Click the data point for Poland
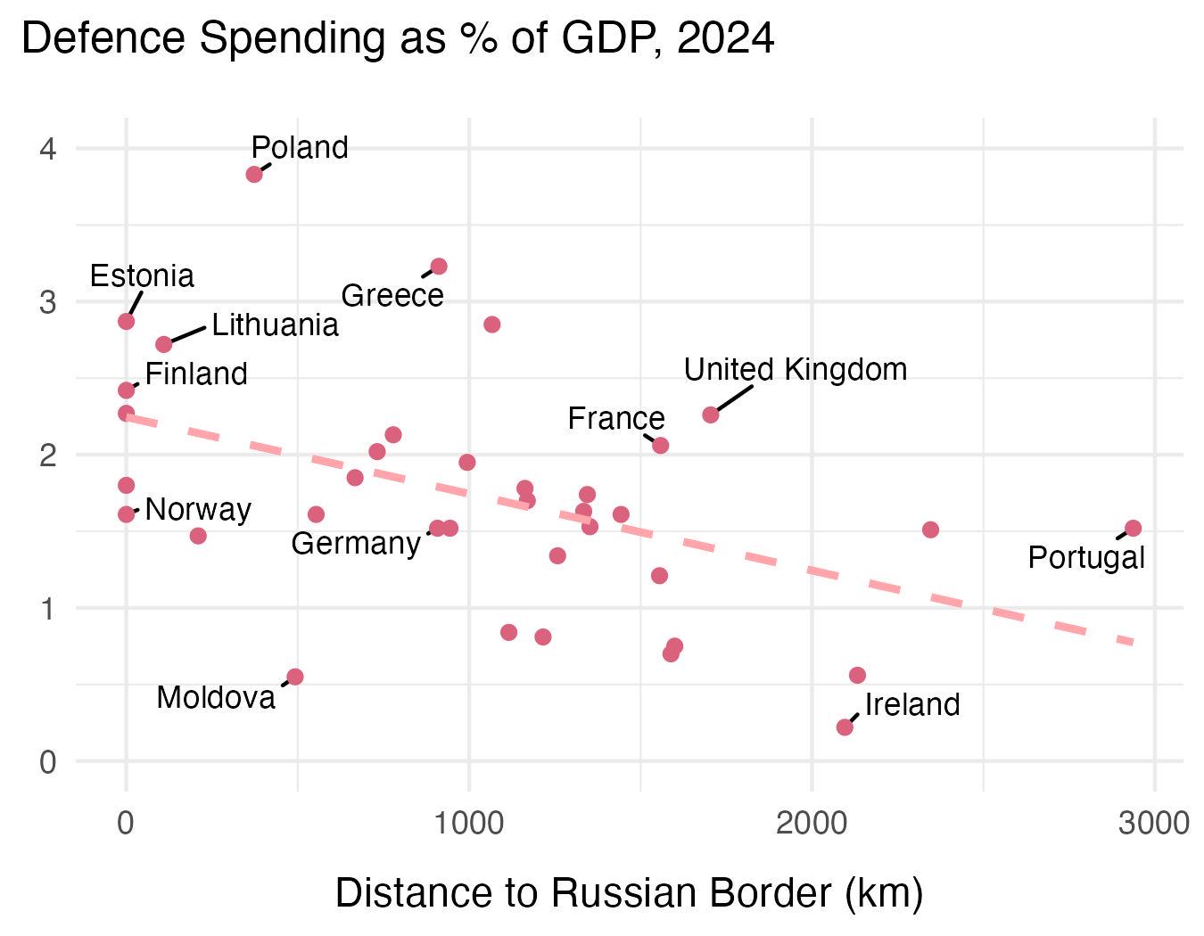(254, 174)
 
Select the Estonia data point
(126, 321)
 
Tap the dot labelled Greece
(439, 267)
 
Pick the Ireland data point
(845, 727)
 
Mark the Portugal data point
(1134, 529)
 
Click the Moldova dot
(295, 677)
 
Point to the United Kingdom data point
(711, 415)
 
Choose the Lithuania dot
(164, 344)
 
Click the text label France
(616, 418)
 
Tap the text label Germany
(356, 543)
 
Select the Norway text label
(198, 510)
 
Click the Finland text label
(196, 374)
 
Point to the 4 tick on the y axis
(48, 149)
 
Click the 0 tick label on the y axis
(48, 762)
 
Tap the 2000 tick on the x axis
(812, 822)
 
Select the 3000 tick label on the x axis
(1154, 822)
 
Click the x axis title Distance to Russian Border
(629, 893)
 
